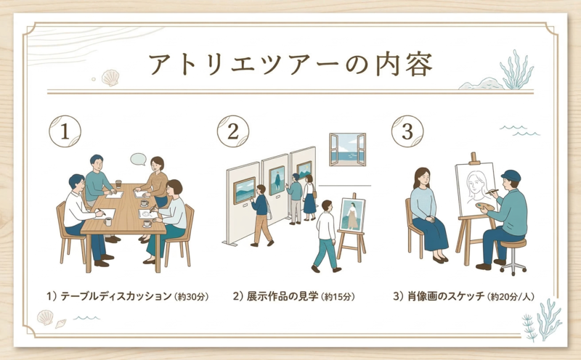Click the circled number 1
coord(65,131)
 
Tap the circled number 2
coord(232,131)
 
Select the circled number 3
coord(407,131)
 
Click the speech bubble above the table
coord(138,159)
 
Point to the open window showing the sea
coord(348,150)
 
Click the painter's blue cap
coord(511,175)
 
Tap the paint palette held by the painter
coord(485,207)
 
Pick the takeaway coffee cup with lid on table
coord(118,184)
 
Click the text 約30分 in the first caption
coord(191,297)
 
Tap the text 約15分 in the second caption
coord(337,297)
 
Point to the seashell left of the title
coord(110,78)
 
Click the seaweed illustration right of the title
coord(516,70)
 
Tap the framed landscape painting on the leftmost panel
coord(244,190)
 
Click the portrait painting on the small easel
coord(352,215)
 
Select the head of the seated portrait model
coord(422,178)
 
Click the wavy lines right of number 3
coord(520,131)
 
